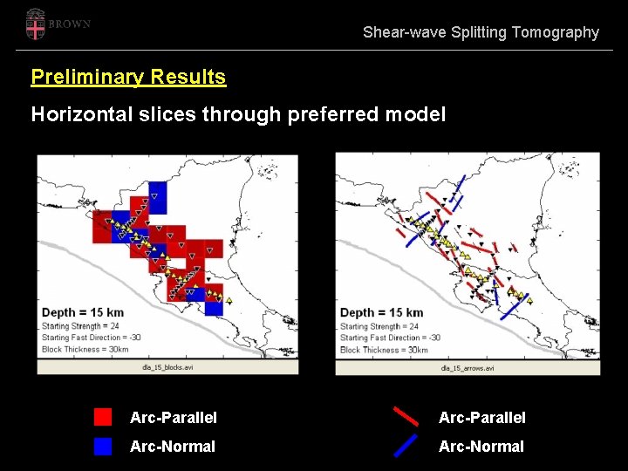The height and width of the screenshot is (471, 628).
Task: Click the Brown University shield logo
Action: [35, 24]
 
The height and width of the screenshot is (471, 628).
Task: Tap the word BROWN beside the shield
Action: [70, 24]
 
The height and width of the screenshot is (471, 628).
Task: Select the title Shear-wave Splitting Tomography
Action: [481, 32]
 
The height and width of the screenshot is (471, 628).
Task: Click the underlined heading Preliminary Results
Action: [128, 77]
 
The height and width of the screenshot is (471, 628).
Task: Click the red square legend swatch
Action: [103, 417]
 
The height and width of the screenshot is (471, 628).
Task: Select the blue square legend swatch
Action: [103, 446]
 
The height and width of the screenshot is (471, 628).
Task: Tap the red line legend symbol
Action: [406, 416]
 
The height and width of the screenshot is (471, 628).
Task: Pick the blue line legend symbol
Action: [406, 446]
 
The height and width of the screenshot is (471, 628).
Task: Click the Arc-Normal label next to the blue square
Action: [172, 447]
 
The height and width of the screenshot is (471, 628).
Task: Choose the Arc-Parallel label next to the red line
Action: [481, 418]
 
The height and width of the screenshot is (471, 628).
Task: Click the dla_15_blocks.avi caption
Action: [167, 367]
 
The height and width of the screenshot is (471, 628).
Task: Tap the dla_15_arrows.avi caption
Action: [468, 368]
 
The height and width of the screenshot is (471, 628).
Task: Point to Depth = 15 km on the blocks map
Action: [83, 312]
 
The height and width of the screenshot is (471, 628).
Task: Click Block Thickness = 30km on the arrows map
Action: [384, 350]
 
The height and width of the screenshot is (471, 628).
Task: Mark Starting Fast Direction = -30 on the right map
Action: [389, 338]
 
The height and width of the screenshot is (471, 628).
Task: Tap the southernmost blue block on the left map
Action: [214, 307]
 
